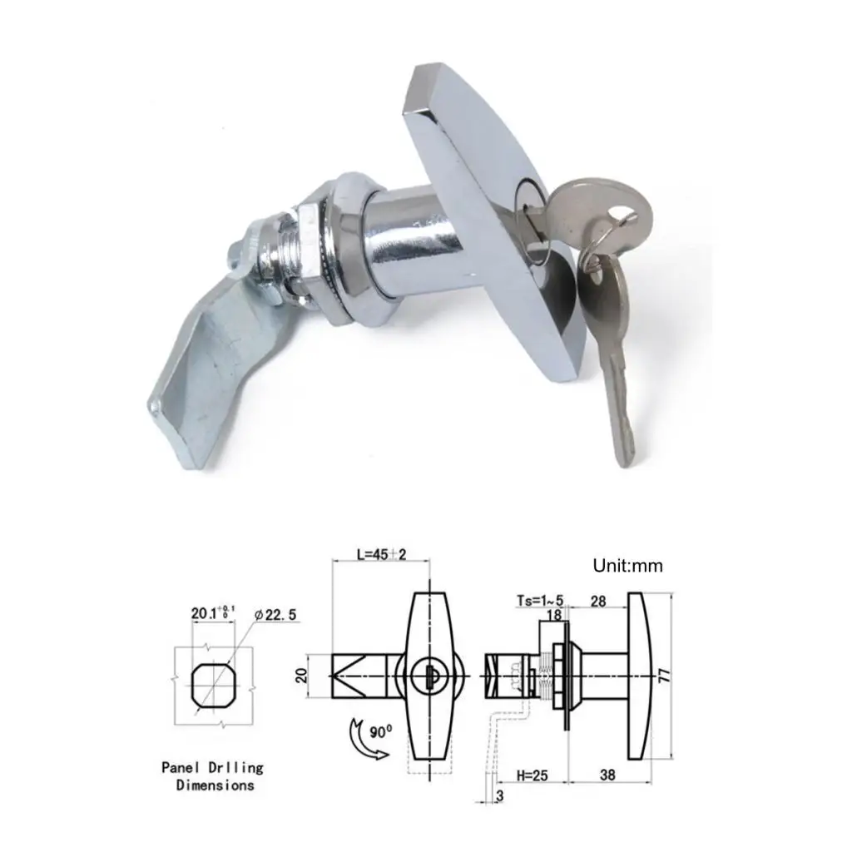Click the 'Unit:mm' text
click(x=627, y=567)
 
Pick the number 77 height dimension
click(x=663, y=675)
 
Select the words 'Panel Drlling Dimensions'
click(x=212, y=775)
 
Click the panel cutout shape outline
click(x=211, y=684)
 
